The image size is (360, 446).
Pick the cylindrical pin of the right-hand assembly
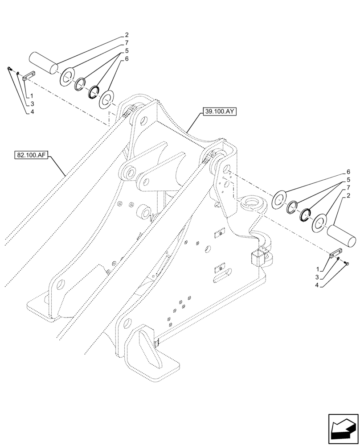coord(342,235)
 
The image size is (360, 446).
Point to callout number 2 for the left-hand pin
coord(127,35)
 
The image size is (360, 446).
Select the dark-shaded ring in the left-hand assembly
coord(94,91)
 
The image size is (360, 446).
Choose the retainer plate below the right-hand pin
coord(335,255)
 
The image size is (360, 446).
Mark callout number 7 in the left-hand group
coord(127,43)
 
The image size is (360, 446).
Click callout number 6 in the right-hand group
coord(348,172)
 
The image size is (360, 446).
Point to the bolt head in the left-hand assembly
coord(9,68)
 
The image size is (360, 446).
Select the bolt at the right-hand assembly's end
coord(347,264)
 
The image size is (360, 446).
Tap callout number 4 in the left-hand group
coord(32,112)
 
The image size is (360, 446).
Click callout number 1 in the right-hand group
coord(317,269)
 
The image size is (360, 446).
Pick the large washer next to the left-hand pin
coord(68,77)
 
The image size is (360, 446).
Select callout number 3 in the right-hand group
coord(318,277)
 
